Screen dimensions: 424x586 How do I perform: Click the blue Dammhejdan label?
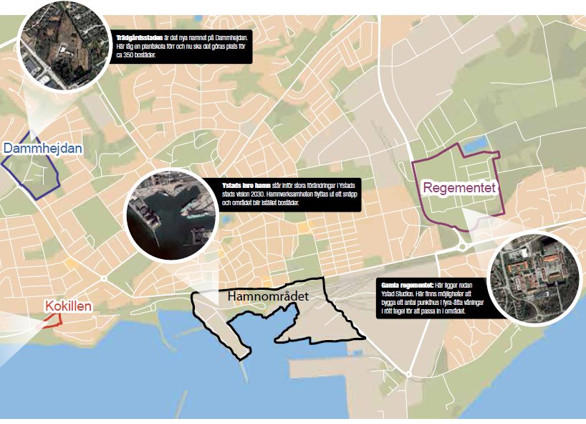pyautogui.click(x=43, y=149)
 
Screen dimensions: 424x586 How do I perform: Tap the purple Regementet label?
pyautogui.click(x=459, y=188)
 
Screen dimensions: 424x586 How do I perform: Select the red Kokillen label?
pyautogui.click(x=68, y=306)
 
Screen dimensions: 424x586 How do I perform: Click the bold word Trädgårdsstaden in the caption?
pyautogui.click(x=138, y=37)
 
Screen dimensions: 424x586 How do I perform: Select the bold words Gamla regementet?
pyautogui.click(x=405, y=284)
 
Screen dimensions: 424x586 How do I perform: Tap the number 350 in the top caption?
pyautogui.click(x=129, y=54)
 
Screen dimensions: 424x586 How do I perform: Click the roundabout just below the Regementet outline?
pyautogui.click(x=462, y=246)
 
